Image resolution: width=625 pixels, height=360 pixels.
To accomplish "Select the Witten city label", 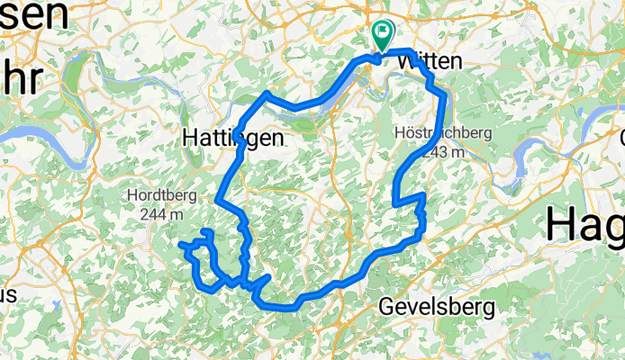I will [x=430, y=62].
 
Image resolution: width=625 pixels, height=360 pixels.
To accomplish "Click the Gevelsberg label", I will [x=437, y=307].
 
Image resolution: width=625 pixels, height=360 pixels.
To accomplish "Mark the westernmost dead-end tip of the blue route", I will [x=181, y=244].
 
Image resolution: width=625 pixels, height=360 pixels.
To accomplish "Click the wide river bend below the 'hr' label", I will [x=36, y=130].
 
